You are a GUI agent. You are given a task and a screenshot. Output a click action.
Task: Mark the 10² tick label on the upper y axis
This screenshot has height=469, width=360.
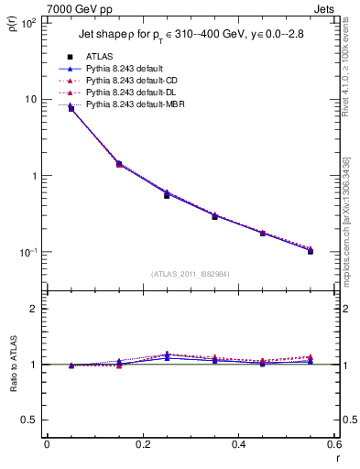click(29, 22)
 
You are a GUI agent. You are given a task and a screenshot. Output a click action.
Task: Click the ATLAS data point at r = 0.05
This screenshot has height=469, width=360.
click(71, 108)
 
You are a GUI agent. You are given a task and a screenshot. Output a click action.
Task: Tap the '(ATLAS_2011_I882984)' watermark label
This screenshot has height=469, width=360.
click(190, 273)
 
